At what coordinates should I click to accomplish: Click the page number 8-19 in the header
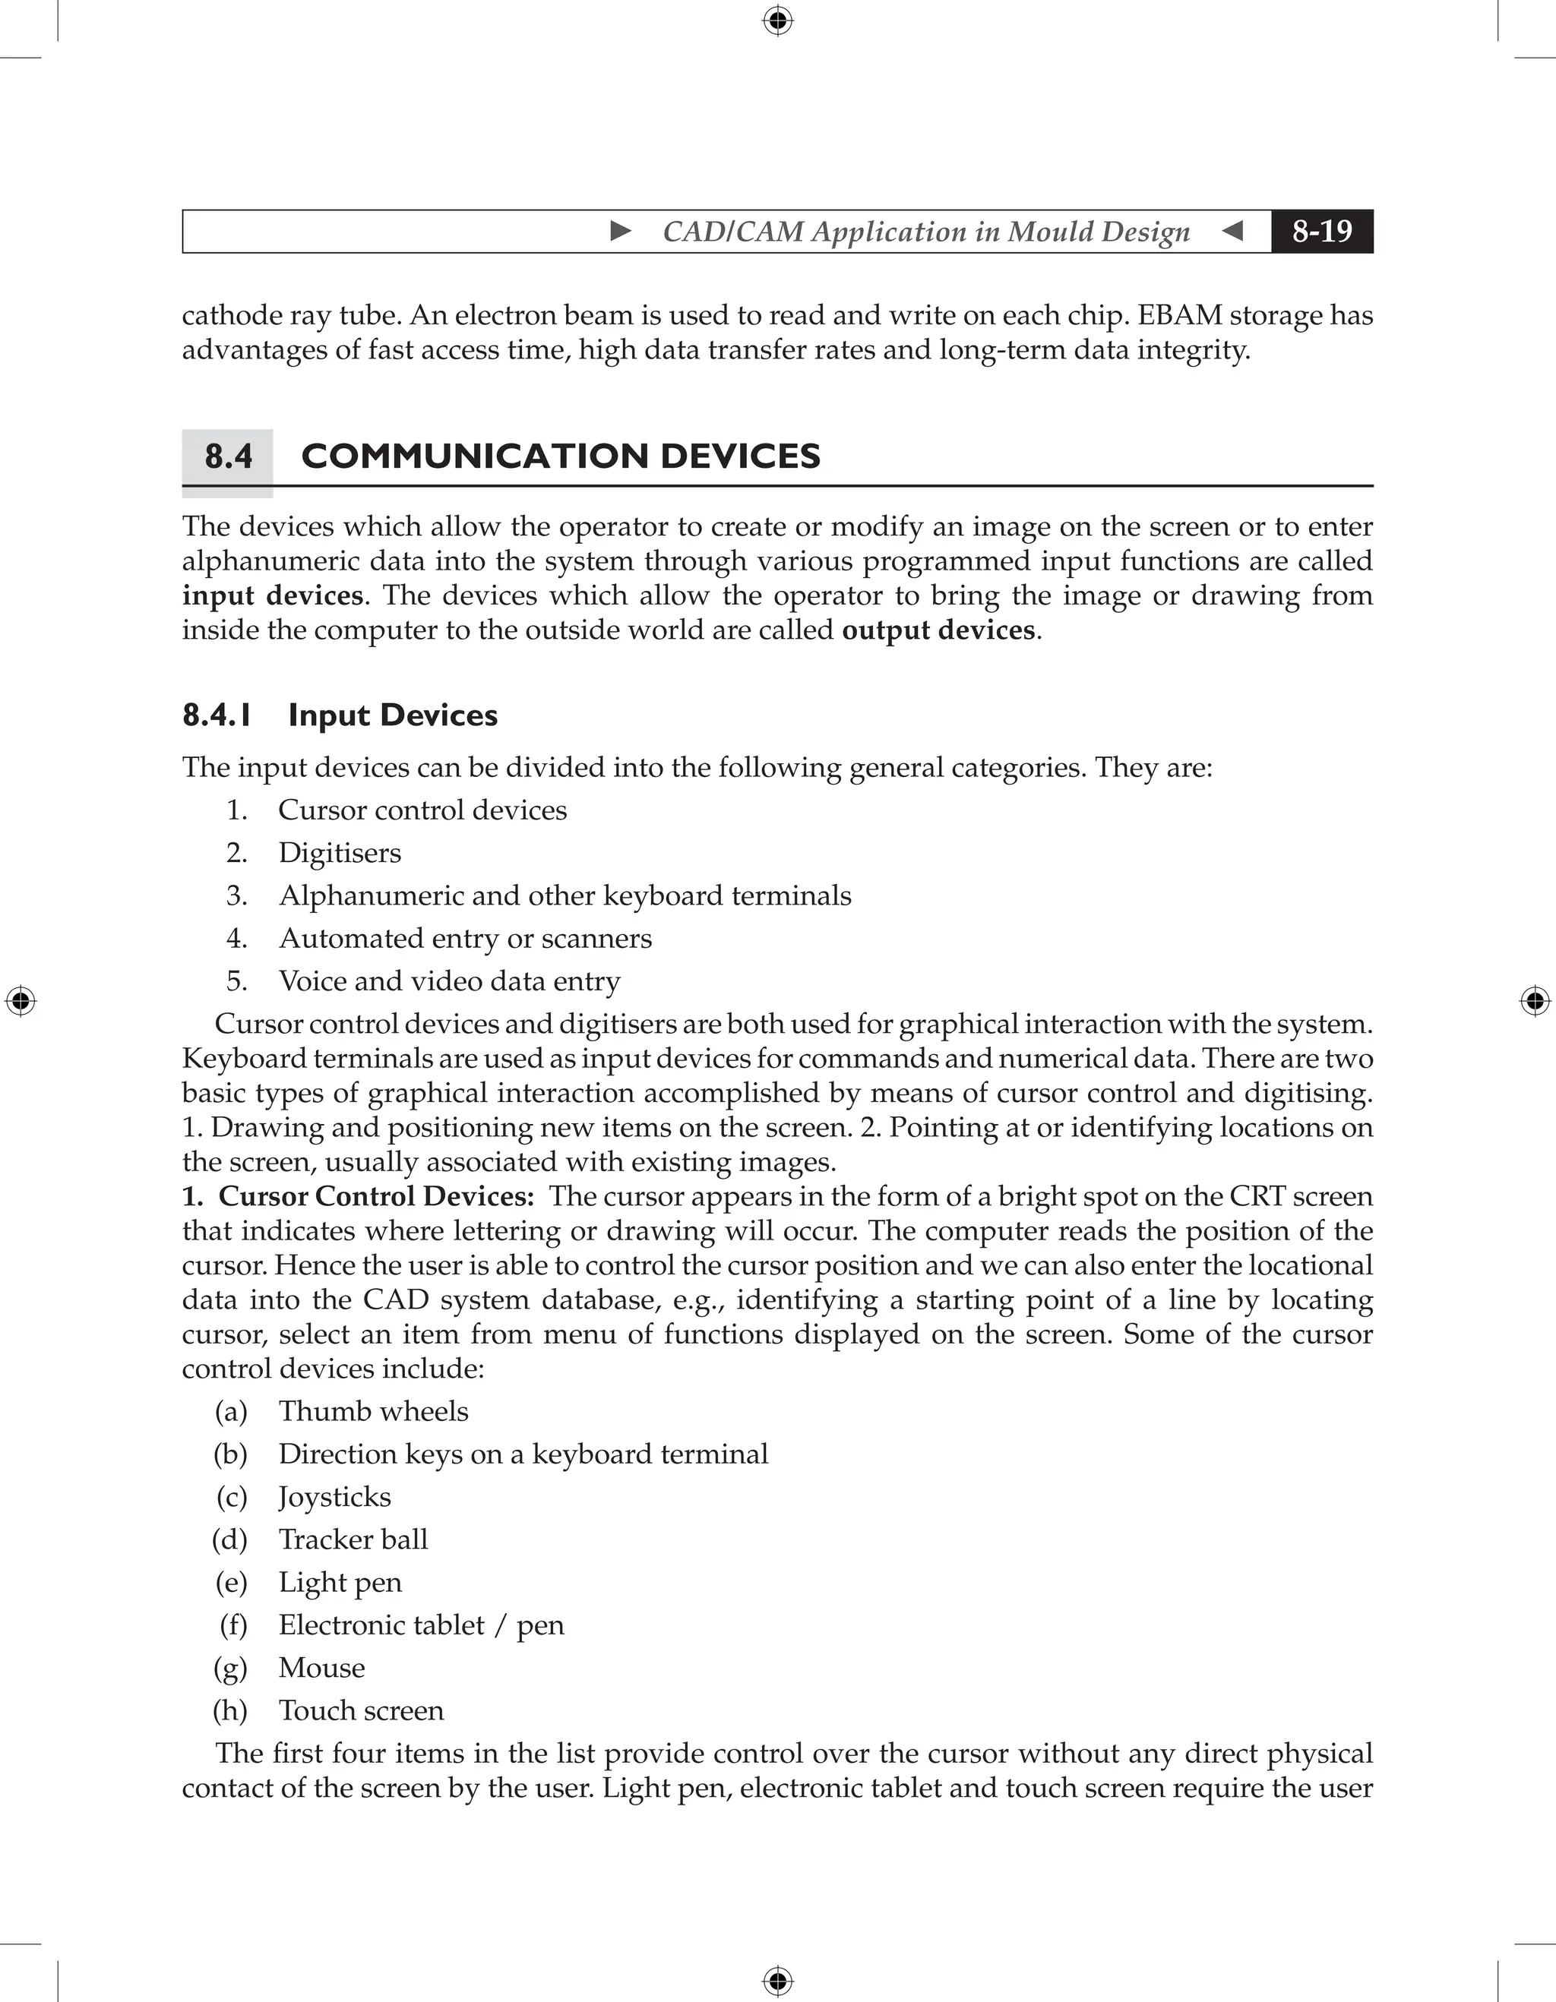click(1321, 231)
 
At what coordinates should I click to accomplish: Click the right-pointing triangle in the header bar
click(621, 231)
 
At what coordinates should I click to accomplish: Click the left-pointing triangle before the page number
click(1233, 231)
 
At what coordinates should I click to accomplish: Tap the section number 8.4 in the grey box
click(229, 456)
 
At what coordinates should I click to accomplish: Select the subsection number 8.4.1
click(217, 715)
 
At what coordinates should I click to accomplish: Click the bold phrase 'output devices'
click(938, 630)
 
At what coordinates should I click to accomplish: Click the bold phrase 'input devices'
click(272, 596)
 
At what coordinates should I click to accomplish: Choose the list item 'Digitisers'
click(340, 854)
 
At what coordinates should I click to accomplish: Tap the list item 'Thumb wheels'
click(373, 1411)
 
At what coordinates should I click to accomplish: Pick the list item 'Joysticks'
click(334, 1497)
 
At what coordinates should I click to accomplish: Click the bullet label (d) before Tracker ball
click(230, 1540)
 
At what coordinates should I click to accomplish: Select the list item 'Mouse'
click(322, 1669)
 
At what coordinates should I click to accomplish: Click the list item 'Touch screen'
click(361, 1710)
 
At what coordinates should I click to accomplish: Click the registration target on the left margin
click(21, 1001)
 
